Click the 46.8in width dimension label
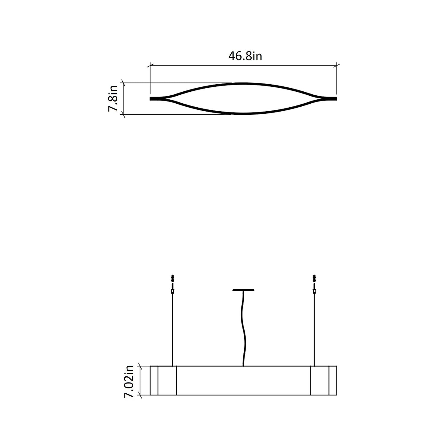[245, 56]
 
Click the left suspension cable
[173, 331]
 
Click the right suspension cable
[314, 331]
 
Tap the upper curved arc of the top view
[243, 83]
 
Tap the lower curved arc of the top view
[243, 114]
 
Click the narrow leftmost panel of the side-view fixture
[154, 380]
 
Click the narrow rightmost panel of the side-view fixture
[333, 380]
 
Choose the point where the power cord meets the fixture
[243, 365]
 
